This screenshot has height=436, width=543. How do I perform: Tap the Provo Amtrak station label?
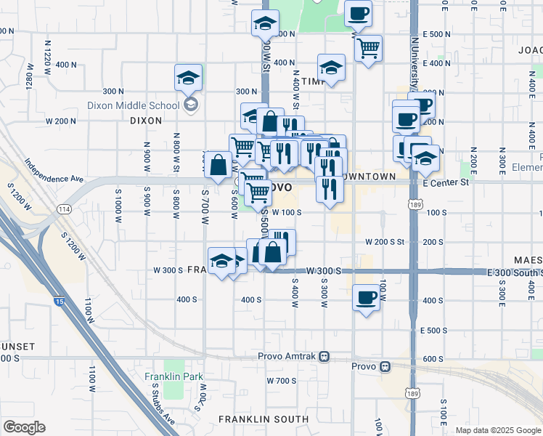[x=288, y=357]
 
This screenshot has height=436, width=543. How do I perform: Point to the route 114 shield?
[x=65, y=209]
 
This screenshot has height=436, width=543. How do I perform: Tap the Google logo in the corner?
[x=24, y=427]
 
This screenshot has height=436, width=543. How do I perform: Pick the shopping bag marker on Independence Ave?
[x=218, y=165]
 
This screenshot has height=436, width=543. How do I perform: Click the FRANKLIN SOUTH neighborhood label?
[x=254, y=419]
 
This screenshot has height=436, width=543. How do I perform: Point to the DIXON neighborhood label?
[x=145, y=121]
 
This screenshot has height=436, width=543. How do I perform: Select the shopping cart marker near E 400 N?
[x=369, y=48]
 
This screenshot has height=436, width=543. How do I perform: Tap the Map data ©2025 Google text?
[x=498, y=430]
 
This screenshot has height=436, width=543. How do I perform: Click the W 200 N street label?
[x=61, y=121]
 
